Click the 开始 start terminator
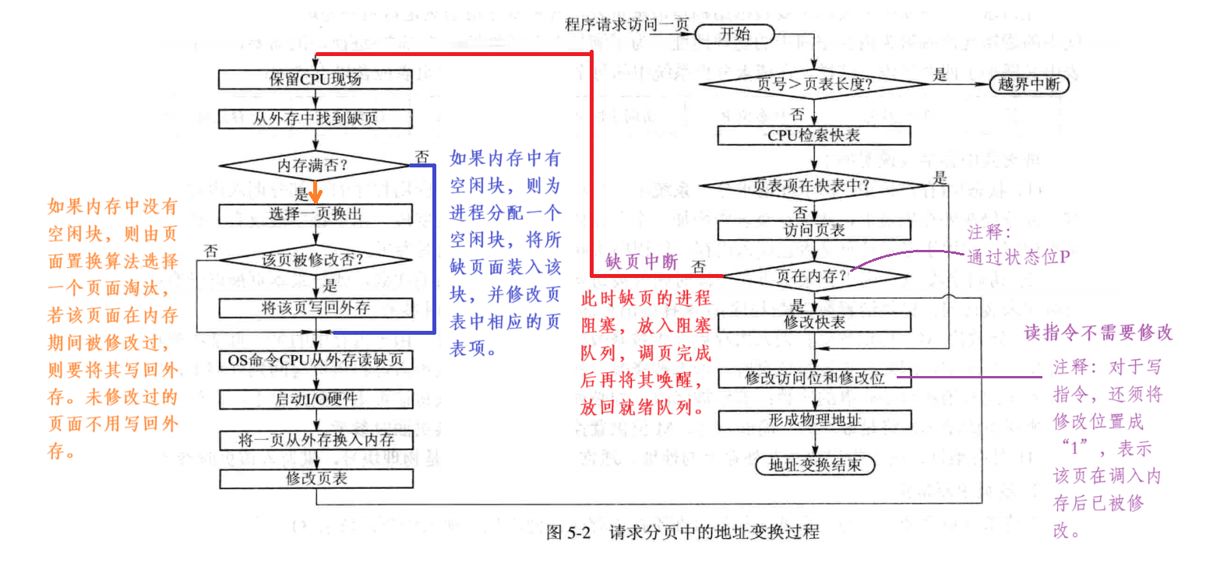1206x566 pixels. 735,34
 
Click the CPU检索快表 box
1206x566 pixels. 814,135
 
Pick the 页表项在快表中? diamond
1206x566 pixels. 814,186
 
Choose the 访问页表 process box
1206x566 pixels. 814,230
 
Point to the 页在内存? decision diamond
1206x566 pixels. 814,275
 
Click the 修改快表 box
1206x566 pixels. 814,321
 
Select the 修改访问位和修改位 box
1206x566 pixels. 814,378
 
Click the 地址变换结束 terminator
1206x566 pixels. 814,466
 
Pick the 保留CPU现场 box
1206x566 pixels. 315,79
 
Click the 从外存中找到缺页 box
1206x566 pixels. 315,118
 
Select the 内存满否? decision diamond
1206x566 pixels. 315,166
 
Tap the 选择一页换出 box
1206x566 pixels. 315,213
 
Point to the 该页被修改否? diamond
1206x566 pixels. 315,261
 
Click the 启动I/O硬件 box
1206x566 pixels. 315,399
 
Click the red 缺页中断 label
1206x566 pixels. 641,261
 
